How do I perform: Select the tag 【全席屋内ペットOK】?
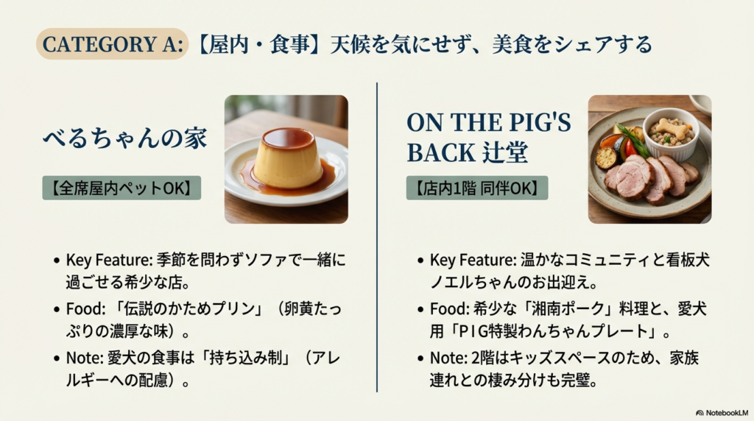121,188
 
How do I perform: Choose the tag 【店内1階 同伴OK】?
476,188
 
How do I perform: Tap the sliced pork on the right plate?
648,177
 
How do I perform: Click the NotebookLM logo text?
723,413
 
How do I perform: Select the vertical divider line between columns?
377,236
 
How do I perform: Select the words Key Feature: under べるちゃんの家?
101,260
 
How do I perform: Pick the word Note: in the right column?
448,358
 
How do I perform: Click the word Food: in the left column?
83,308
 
